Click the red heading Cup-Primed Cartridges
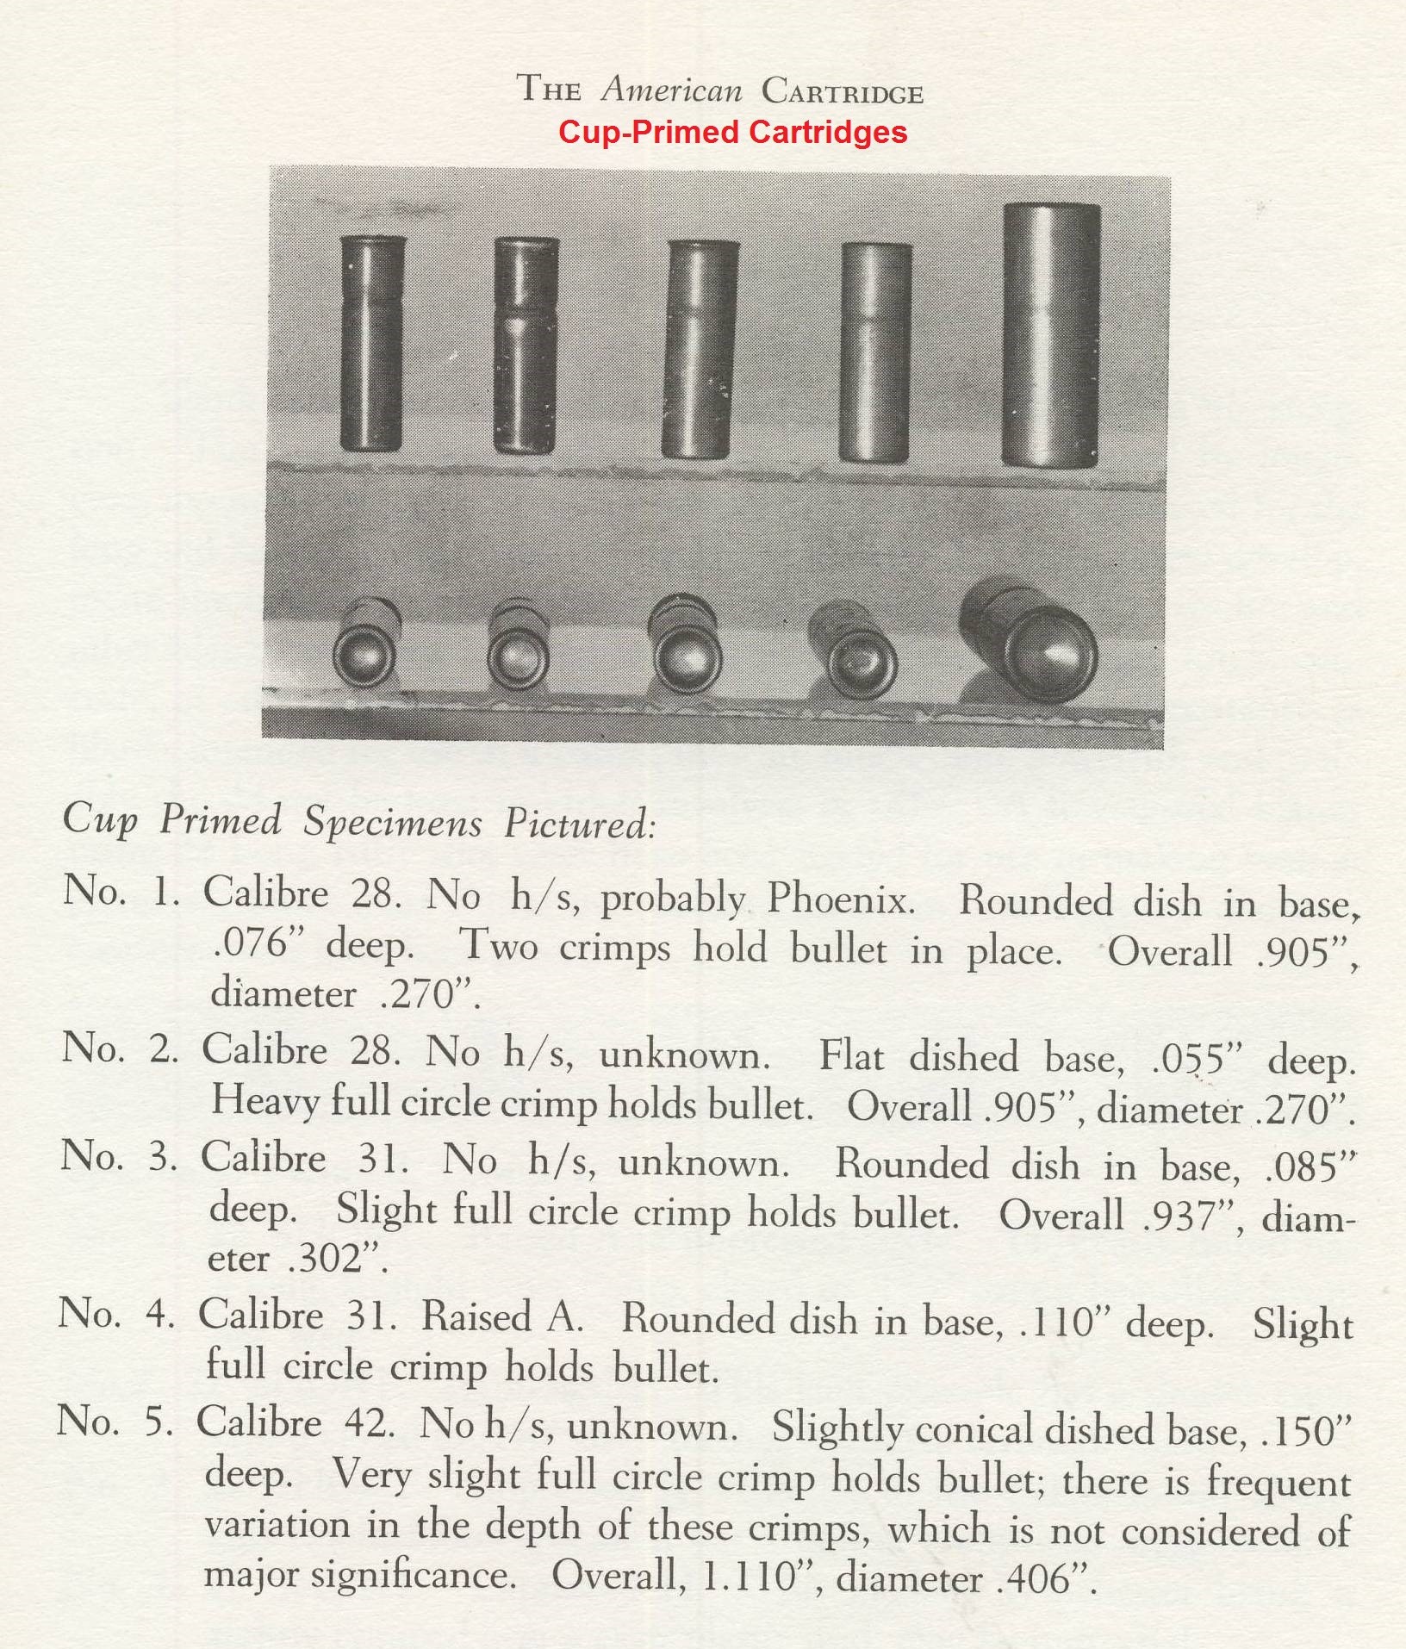click(x=732, y=132)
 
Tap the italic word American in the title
click(x=672, y=90)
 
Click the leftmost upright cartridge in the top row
click(x=372, y=343)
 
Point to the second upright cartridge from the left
click(x=526, y=345)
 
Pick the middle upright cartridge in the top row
click(x=700, y=348)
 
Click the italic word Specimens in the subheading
click(x=392, y=821)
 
